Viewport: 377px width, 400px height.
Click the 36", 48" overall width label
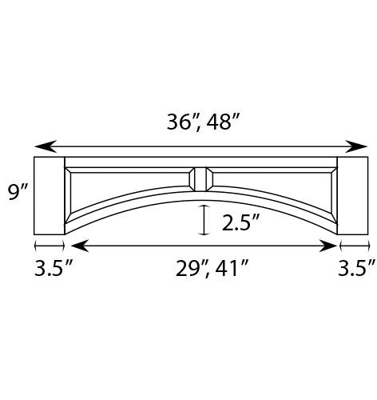203,122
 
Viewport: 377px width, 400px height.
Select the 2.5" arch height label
241,222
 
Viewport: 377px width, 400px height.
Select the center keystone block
201,178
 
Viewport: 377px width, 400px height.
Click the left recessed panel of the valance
120,188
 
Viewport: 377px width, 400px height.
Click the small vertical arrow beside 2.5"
205,220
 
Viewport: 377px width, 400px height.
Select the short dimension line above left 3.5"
49,246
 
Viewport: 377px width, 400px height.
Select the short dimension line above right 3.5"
353,246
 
